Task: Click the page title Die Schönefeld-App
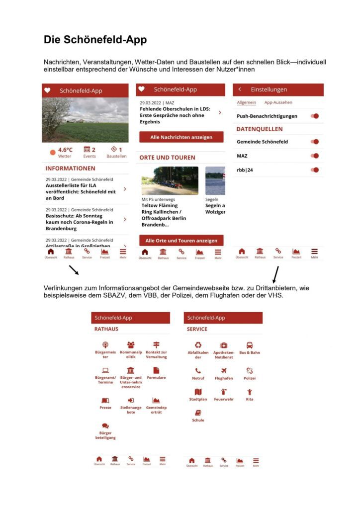click(95, 40)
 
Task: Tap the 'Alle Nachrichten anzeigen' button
click(181, 137)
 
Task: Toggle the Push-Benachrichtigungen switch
click(314, 116)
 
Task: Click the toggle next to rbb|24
click(314, 170)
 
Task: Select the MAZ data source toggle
click(314, 156)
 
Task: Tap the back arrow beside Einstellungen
click(240, 89)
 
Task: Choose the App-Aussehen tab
click(278, 102)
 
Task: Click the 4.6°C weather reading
click(65, 150)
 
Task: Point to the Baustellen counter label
click(116, 156)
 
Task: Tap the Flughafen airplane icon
click(224, 371)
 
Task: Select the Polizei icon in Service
click(250, 371)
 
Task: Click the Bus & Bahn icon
click(250, 345)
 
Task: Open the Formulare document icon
click(156, 370)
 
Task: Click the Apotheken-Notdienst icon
click(224, 345)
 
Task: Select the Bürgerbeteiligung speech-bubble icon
click(105, 426)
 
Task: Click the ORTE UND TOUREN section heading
click(167, 158)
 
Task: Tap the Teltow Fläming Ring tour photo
click(170, 181)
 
